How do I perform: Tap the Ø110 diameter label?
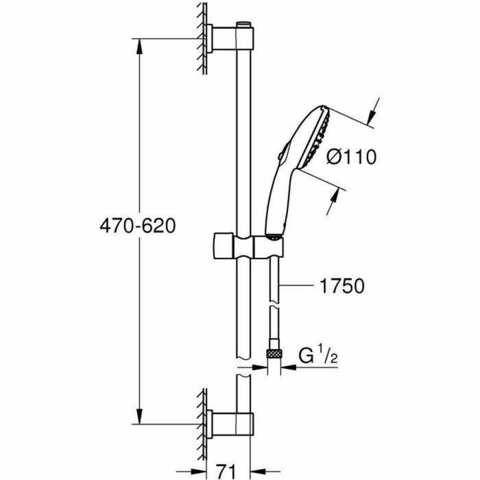(351, 158)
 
